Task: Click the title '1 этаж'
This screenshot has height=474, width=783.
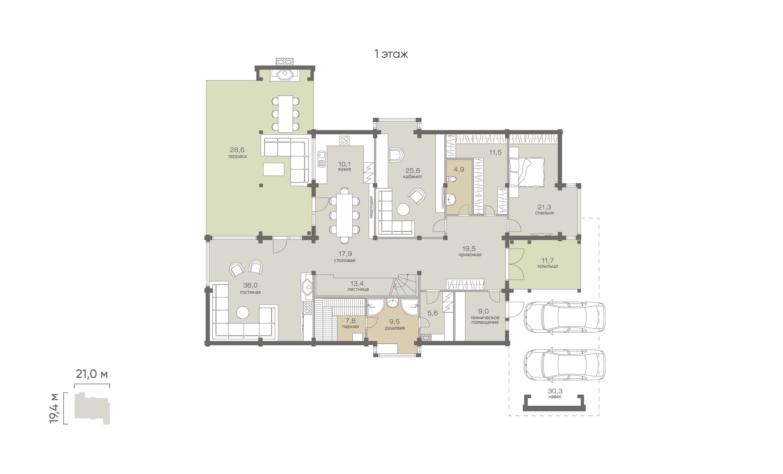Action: [391, 54]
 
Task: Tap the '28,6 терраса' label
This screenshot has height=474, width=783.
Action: [237, 152]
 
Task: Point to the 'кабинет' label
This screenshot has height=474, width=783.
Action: [412, 177]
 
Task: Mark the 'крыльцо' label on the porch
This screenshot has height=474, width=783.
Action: [548, 266]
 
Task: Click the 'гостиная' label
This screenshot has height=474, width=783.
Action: [250, 292]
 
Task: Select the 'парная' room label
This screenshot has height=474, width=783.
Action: [350, 327]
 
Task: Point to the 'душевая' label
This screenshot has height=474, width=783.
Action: [395, 328]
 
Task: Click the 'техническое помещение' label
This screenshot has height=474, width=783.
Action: [485, 320]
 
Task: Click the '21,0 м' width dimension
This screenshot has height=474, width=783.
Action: [92, 374]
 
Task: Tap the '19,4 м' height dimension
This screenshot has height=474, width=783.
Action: [54, 408]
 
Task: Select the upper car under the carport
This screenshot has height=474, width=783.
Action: [564, 316]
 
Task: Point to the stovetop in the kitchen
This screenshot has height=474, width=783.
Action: [344, 140]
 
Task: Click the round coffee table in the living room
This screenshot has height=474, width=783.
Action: [242, 312]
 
